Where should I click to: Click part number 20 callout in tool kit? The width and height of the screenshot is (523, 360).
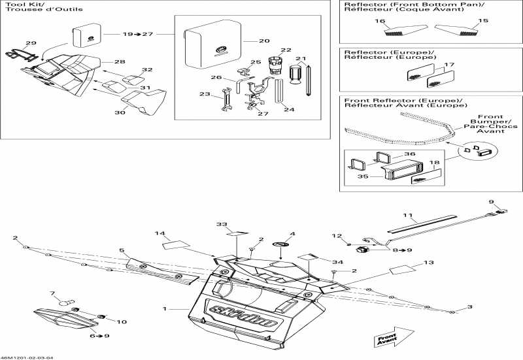263,41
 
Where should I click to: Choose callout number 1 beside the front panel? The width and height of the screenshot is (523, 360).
165,308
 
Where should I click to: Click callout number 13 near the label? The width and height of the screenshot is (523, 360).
429,263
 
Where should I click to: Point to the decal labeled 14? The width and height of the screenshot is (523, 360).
175,245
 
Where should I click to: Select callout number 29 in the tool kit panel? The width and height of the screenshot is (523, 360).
31,43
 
